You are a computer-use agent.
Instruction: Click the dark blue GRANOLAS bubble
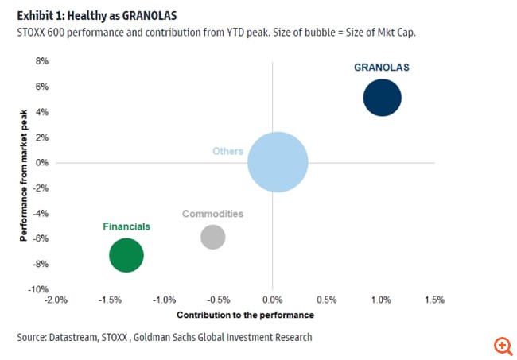tap(382, 99)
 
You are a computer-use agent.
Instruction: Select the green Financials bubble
tap(126, 256)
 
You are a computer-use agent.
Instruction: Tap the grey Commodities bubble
tap(212, 237)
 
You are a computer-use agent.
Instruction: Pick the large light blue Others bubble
tap(277, 162)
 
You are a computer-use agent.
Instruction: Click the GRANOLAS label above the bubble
tap(381, 68)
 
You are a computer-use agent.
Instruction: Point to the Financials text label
tap(126, 226)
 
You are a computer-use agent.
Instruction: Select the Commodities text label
tap(212, 214)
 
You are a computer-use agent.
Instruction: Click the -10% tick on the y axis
tap(38, 289)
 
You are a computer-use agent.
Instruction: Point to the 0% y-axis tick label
tap(41, 163)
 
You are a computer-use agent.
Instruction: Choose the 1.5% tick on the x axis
tap(434, 300)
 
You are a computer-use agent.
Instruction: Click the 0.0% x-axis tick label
tap(273, 300)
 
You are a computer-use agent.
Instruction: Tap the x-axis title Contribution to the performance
tap(244, 315)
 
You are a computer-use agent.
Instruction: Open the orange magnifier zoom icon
tap(502, 345)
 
